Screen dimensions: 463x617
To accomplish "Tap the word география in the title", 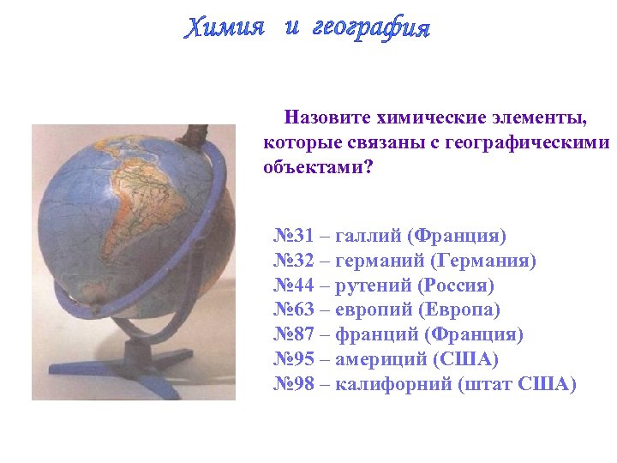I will (x=369, y=28).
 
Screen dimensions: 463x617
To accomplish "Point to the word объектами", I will (x=318, y=167).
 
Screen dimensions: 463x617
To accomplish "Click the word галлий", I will (x=368, y=235).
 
